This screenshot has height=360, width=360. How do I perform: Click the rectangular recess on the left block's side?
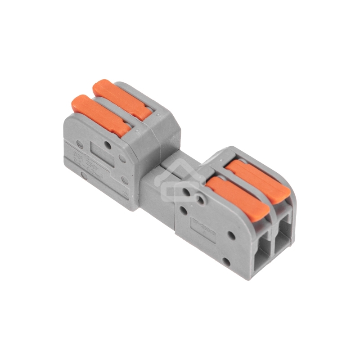click(101, 155)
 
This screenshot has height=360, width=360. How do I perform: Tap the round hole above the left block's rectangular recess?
click(107, 145)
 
